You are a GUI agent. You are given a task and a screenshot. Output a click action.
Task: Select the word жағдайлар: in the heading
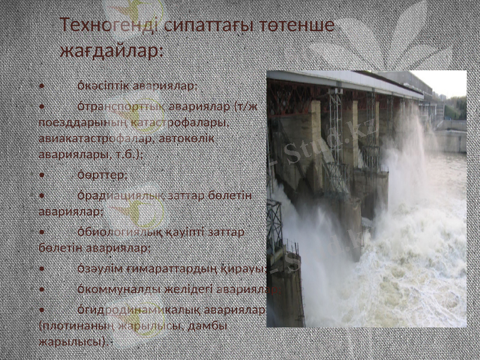point(112,50)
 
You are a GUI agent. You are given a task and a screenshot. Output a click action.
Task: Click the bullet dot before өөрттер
point(41,175)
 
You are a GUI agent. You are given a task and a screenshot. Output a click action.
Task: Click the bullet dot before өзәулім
point(41,268)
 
